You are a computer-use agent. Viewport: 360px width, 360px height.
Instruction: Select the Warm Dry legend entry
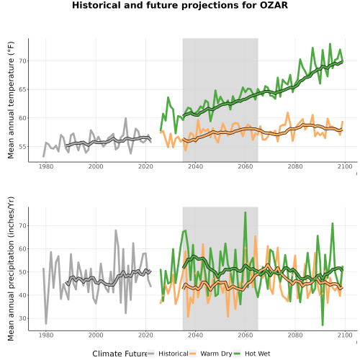coord(210,354)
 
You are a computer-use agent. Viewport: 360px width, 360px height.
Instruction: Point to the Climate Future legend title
coord(120,354)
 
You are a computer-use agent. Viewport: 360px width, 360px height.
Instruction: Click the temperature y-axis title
coord(11,100)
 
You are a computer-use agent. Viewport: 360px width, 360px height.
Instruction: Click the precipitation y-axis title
coord(11,269)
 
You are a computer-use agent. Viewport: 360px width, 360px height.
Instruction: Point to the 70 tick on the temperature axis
coord(23,61)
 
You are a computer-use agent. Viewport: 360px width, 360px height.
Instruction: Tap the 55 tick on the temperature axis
coord(23,146)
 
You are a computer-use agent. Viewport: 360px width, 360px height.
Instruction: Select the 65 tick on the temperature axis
coord(23,89)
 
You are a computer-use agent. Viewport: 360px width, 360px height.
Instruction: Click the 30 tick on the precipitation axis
coord(23,318)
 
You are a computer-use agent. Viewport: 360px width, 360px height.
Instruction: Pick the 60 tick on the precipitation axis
coord(23,249)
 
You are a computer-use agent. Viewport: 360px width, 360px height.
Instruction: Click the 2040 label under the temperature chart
coord(195,166)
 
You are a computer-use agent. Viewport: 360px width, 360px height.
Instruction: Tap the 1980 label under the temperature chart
coord(46,166)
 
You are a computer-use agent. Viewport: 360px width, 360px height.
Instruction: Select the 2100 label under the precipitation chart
coord(345,335)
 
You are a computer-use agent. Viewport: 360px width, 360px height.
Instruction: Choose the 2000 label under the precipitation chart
coord(96,335)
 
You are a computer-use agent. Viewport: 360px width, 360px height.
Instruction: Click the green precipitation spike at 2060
coord(245,212)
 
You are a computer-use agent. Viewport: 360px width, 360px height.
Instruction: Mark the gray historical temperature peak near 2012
coord(126,118)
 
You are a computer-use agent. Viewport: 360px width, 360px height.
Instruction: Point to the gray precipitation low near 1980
coord(46,323)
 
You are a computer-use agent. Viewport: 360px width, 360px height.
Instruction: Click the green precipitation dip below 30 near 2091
coord(323,325)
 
